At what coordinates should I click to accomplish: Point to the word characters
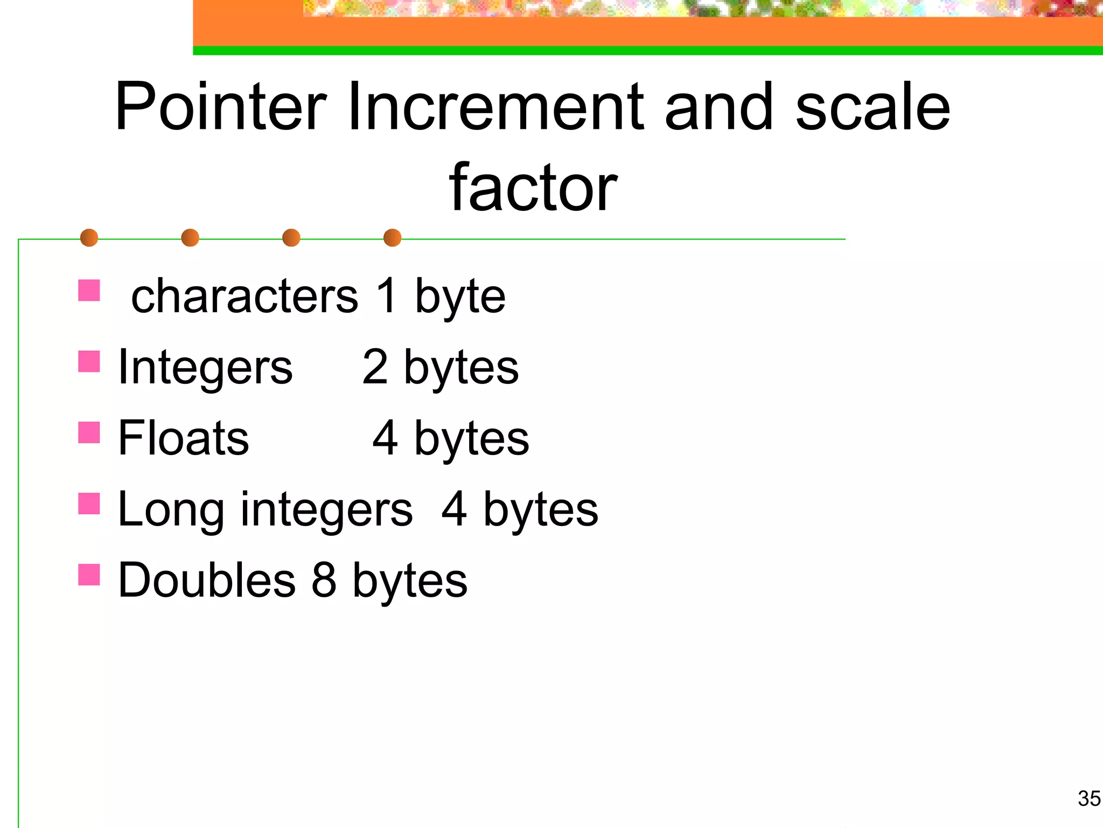coord(245,296)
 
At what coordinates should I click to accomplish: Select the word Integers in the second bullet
coord(205,367)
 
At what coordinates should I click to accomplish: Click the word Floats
coord(184,438)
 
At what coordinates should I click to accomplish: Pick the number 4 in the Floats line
coord(386,438)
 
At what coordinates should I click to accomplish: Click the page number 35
coord(1089,798)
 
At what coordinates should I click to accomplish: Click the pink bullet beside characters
coord(89,290)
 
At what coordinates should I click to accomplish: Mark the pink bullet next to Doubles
coord(89,575)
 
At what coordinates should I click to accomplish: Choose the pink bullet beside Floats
coord(89,432)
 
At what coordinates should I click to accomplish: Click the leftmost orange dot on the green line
coord(89,238)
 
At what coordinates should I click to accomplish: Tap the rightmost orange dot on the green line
coord(392,238)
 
